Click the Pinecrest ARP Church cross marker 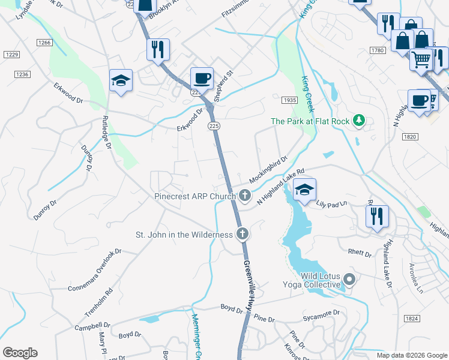point(245,195)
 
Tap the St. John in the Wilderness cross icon point(242,234)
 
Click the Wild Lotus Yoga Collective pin point(351,279)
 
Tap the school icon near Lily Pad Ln point(304,191)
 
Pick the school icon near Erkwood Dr point(121,82)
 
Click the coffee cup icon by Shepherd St point(202,79)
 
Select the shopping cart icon point(421,59)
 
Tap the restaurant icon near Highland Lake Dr point(377,217)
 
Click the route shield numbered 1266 point(44,43)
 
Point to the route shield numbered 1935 point(290,100)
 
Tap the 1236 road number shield point(22,74)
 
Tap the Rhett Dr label point(360,254)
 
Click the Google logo point(20,353)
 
